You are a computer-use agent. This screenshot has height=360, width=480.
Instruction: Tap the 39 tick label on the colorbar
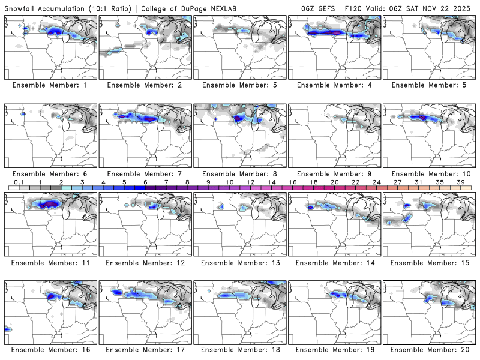tap(460, 182)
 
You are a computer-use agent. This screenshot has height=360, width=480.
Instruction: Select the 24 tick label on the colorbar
tap(376, 182)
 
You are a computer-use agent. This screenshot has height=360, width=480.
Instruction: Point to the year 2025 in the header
tap(465, 9)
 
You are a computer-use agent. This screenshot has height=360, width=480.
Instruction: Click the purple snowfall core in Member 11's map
tap(49, 205)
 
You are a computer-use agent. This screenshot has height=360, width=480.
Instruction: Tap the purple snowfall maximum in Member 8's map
tap(239, 119)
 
